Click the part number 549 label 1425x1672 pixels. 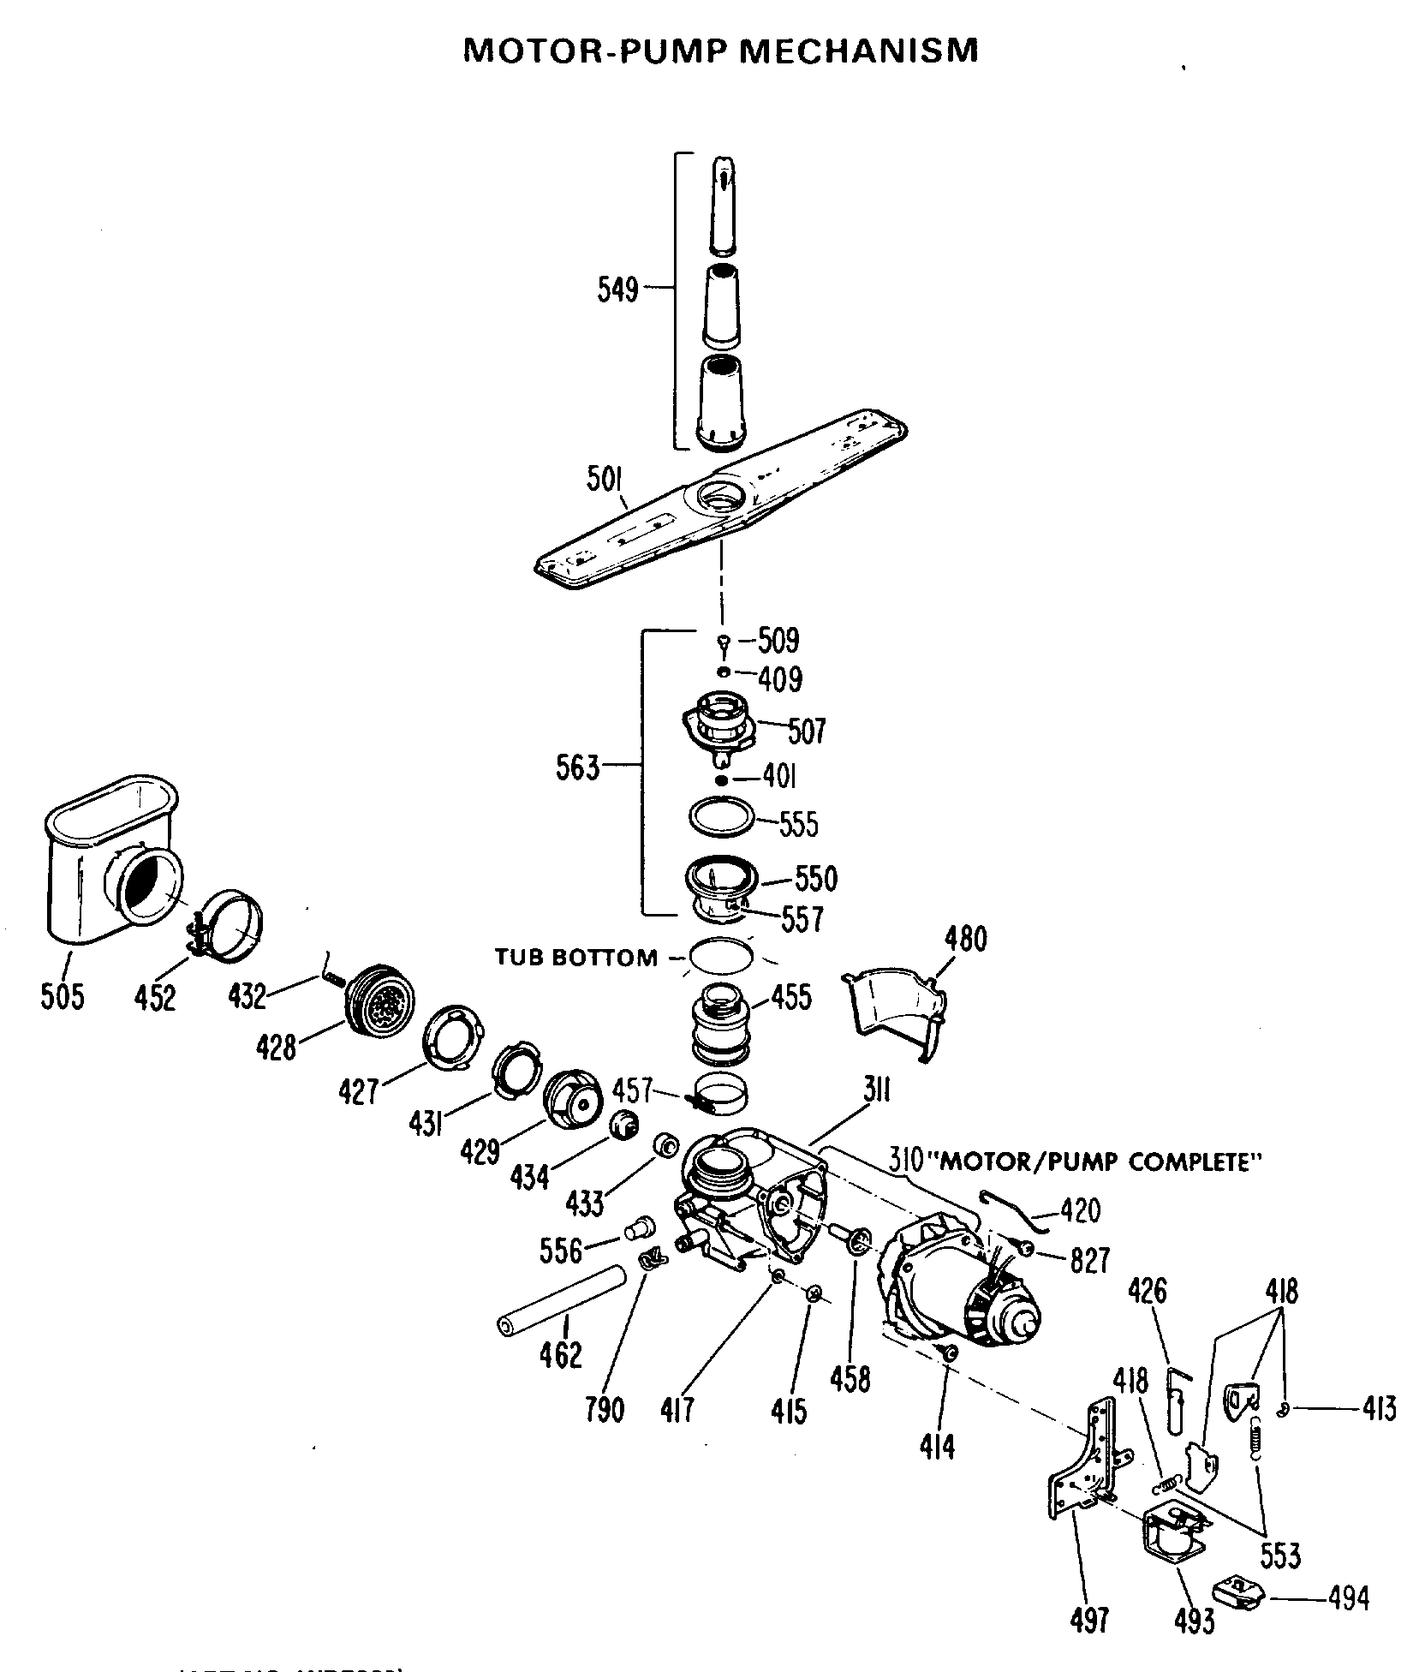(617, 290)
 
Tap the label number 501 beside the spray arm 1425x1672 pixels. (605, 481)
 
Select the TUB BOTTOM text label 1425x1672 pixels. (575, 957)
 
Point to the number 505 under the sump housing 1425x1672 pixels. (63, 996)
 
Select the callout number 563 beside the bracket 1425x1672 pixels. (577, 768)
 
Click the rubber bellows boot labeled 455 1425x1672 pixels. (722, 1021)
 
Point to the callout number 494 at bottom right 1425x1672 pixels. (1349, 1597)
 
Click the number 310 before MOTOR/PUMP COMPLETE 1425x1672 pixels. (905, 1161)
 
